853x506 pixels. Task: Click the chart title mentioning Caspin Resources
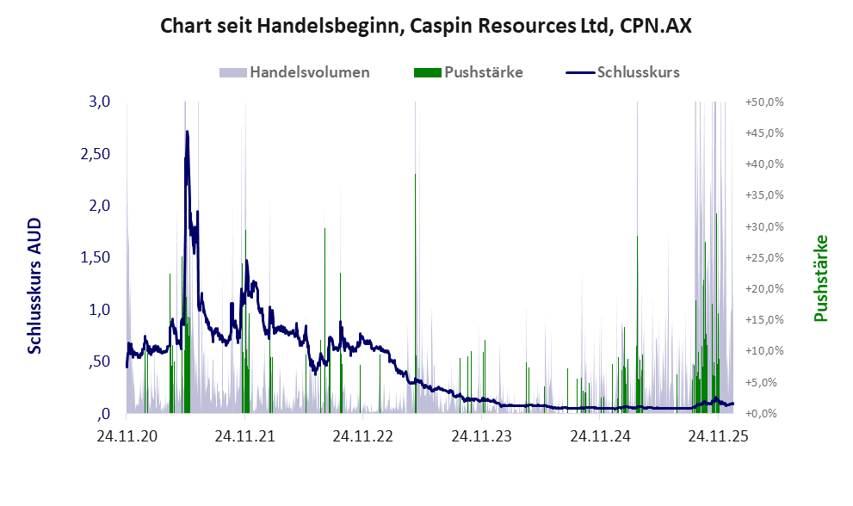[426, 28]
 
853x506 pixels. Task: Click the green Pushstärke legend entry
[483, 72]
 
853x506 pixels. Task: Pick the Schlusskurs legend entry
[638, 72]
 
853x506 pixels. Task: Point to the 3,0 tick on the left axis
[100, 102]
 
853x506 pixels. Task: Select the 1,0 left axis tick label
[100, 309]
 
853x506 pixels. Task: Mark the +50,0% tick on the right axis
[764, 102]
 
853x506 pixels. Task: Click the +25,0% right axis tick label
[764, 257]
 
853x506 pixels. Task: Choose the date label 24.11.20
[127, 436]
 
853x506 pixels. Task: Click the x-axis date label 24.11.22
[362, 436]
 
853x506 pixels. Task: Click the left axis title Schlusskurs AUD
[35, 286]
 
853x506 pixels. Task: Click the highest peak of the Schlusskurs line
[187, 132]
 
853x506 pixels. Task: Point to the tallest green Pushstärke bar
[415, 175]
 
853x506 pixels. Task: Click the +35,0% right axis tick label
[764, 195]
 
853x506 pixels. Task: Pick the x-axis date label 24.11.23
[481, 436]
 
